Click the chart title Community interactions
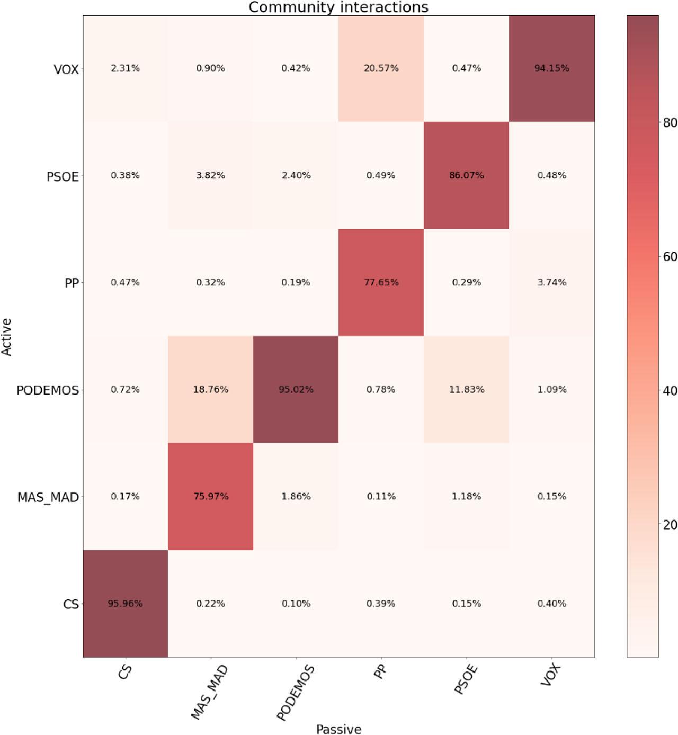pyautogui.click(x=338, y=7)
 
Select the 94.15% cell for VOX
pyautogui.click(x=551, y=68)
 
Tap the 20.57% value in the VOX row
pyautogui.click(x=381, y=68)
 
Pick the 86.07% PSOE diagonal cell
pyautogui.click(x=466, y=175)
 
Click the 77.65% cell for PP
pyautogui.click(x=381, y=282)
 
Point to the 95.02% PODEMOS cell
pyautogui.click(x=296, y=389)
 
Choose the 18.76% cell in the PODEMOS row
pyautogui.click(x=210, y=389)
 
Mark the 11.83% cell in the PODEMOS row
pyautogui.click(x=466, y=389)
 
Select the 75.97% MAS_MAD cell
pyautogui.click(x=210, y=496)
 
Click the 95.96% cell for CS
pyautogui.click(x=125, y=603)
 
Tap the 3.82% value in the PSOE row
pyautogui.click(x=210, y=175)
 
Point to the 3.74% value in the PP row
pyautogui.click(x=551, y=282)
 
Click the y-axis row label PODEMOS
pyautogui.click(x=48, y=390)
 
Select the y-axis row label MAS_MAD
pyautogui.click(x=48, y=498)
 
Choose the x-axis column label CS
pyautogui.click(x=125, y=673)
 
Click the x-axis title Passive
pyautogui.click(x=338, y=729)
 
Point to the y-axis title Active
pyautogui.click(x=6, y=337)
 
